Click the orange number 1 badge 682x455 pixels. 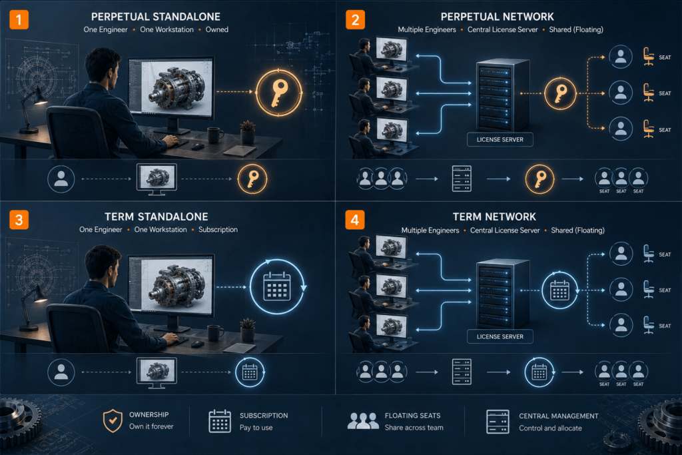tap(19, 19)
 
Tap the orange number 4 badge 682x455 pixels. tap(355, 220)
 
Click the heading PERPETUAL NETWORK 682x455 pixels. tap(497, 17)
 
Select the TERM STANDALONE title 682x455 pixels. tap(157, 217)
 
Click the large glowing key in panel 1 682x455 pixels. tap(279, 93)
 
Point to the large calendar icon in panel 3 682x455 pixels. tap(277, 286)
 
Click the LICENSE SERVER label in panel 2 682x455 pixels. tap(500, 140)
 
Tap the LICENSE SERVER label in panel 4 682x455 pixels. tap(500, 336)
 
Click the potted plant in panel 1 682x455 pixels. tap(248, 132)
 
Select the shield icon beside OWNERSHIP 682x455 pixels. tap(113, 420)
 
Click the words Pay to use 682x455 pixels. tap(256, 428)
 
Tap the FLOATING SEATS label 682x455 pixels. tap(412, 416)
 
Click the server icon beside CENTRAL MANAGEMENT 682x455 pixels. tap(498, 422)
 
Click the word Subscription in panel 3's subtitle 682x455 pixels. tap(218, 230)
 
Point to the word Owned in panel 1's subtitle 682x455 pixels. tap(216, 29)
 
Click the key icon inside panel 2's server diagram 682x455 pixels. tap(560, 93)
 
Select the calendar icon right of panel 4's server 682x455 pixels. tap(559, 290)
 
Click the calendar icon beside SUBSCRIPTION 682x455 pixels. tap(220, 421)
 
